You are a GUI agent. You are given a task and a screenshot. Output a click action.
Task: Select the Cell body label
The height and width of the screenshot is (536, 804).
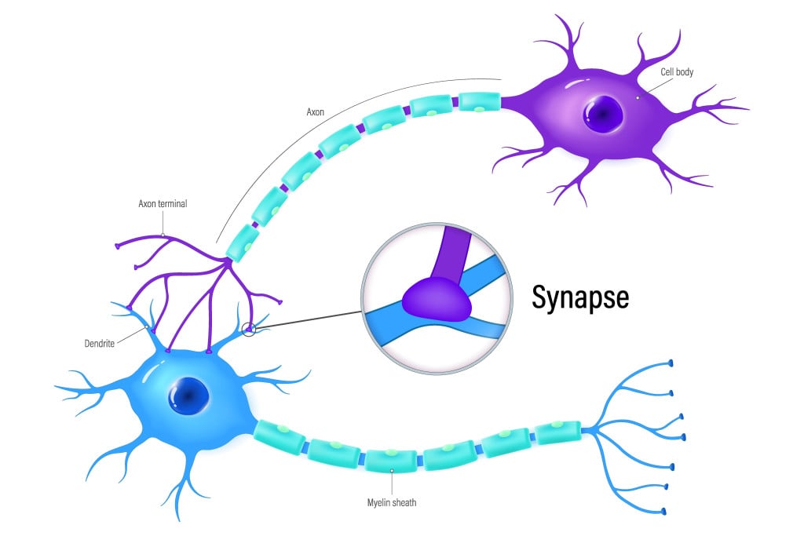(x=676, y=72)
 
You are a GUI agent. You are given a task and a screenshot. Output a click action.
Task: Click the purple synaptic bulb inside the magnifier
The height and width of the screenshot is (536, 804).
(x=437, y=299)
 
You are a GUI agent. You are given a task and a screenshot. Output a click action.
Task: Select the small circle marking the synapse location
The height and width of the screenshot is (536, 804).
(x=249, y=330)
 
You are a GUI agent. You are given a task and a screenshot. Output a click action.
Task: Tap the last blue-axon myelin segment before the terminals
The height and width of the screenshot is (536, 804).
(x=557, y=432)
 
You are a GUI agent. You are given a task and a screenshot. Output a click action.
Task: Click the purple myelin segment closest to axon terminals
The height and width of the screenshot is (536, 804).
(x=243, y=243)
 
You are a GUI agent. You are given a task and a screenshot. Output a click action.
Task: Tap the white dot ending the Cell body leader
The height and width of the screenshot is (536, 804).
(x=639, y=97)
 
